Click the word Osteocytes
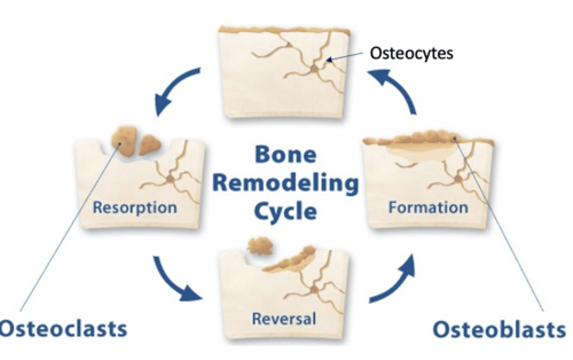click(x=411, y=53)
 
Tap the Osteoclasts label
click(x=64, y=329)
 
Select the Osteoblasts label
click(x=499, y=330)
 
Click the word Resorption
click(x=135, y=207)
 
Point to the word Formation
click(x=428, y=207)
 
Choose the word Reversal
click(x=284, y=319)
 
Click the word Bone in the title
click(x=286, y=154)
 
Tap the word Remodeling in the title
click(x=286, y=183)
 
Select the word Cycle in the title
click(x=286, y=211)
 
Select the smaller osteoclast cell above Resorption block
click(x=149, y=144)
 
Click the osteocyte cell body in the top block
click(x=314, y=69)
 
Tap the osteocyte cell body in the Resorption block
click(x=170, y=180)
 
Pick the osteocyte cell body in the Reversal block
click(x=314, y=290)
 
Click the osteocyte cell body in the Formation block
click(x=458, y=180)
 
